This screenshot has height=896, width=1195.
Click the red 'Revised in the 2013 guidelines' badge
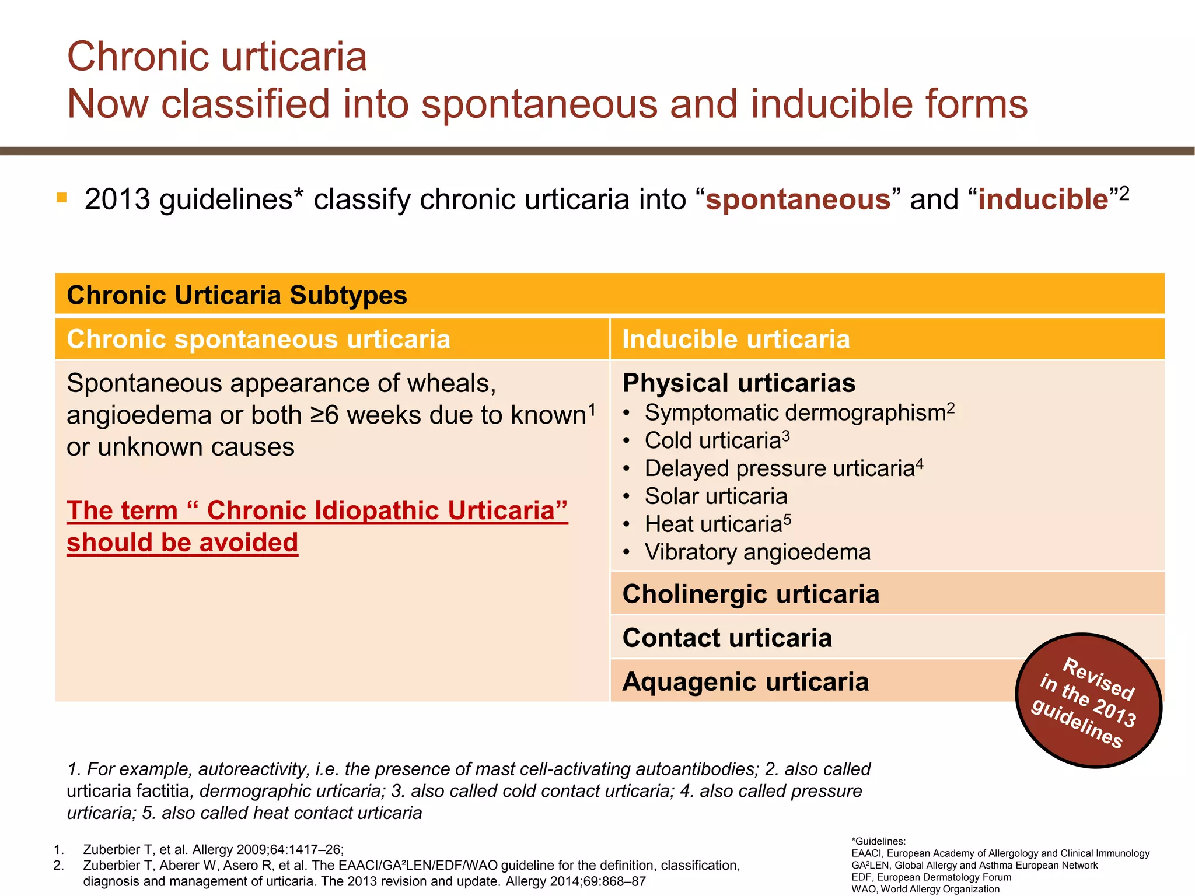tap(1088, 700)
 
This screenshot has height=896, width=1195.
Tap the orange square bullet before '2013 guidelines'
tap(62, 198)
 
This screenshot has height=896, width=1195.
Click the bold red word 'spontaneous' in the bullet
tap(798, 199)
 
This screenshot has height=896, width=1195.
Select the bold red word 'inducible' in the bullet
tap(1043, 199)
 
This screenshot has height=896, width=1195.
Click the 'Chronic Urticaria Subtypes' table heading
tap(237, 295)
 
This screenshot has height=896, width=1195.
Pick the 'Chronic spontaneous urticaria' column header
tap(258, 339)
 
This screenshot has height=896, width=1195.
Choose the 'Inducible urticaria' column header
tap(736, 339)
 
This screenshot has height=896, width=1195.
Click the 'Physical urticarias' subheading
tap(739, 383)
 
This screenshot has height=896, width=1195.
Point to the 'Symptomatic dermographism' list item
tap(795, 413)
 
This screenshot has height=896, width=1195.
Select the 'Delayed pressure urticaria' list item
tap(779, 469)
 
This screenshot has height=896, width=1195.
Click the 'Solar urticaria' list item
tap(716, 496)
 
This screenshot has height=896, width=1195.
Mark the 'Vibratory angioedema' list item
tap(757, 552)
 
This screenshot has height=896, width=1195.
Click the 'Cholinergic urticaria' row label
tap(750, 594)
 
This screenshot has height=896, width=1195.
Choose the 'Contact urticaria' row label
tap(727, 638)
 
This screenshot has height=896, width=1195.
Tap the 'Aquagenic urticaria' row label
tap(745, 682)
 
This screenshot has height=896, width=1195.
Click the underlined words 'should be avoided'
tap(182, 542)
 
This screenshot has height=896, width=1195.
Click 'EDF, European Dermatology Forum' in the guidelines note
tap(931, 877)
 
